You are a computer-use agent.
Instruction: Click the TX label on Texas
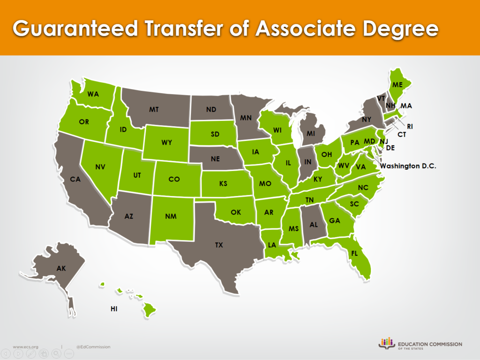click(219, 245)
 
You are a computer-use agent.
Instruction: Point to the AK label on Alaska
click(61, 269)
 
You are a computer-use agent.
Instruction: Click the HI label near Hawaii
click(114, 309)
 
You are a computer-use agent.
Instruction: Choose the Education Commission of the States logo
click(420, 344)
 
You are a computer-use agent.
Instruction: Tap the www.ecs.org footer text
click(25, 347)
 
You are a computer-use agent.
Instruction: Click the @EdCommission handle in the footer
click(93, 347)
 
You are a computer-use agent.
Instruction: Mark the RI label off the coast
click(410, 126)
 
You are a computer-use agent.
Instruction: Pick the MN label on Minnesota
click(247, 118)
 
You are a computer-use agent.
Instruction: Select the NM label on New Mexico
click(171, 217)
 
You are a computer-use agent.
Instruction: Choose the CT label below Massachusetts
click(401, 135)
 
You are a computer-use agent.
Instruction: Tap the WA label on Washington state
click(93, 94)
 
